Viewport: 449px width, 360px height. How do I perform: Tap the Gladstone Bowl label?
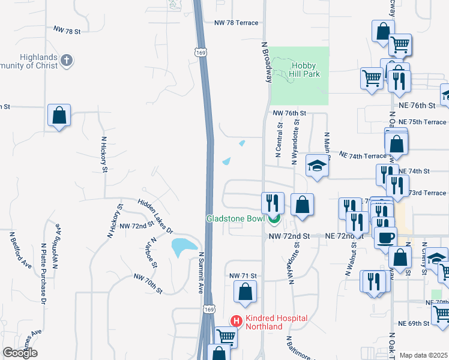pos(235,219)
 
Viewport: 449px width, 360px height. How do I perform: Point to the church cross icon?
pos(66,60)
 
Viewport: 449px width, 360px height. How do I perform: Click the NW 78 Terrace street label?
pos(236,23)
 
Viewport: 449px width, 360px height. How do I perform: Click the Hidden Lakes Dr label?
pos(155,216)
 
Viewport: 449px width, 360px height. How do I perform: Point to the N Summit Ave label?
pos(202,272)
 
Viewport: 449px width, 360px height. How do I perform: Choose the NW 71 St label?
pos(243,275)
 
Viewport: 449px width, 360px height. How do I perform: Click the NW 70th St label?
pos(148,284)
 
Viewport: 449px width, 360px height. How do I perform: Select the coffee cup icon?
pos(385,236)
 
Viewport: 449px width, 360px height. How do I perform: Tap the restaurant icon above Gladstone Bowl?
pos(273,202)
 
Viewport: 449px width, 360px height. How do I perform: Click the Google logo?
pos(20,353)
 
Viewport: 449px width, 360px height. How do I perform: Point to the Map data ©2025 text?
pos(423,355)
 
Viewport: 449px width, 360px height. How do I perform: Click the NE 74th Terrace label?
pos(363,155)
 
